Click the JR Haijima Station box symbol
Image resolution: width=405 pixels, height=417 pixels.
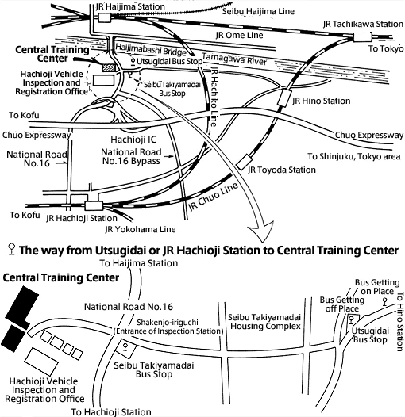[x=105, y=17]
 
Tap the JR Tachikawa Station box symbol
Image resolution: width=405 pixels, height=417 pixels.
[x=362, y=37]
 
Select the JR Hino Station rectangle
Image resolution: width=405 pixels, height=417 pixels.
[x=284, y=98]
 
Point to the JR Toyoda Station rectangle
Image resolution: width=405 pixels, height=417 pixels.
[x=245, y=163]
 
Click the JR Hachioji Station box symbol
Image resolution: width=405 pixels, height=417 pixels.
[x=94, y=206]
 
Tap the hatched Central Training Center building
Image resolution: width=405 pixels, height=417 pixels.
[x=109, y=67]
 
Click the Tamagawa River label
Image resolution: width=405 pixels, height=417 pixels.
[x=234, y=59]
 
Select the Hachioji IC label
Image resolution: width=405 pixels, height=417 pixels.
[x=133, y=140]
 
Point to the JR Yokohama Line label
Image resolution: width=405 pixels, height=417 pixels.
[x=141, y=229]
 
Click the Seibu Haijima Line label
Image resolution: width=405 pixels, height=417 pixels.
[x=258, y=11]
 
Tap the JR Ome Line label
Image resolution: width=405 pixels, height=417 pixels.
[x=239, y=35]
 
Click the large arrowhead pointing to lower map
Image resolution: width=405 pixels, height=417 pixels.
[x=260, y=231]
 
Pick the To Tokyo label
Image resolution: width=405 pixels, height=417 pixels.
[x=386, y=48]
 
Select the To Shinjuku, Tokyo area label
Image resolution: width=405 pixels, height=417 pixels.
[x=354, y=156]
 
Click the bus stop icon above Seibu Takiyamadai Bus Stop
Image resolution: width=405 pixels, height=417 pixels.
[x=125, y=347]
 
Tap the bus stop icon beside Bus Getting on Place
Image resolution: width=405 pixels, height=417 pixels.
[x=384, y=301]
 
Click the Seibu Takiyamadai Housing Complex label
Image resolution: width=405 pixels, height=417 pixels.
[x=264, y=322]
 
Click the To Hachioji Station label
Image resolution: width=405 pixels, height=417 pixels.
[x=111, y=412]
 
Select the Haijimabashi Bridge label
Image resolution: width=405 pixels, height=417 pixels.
[x=151, y=49]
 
